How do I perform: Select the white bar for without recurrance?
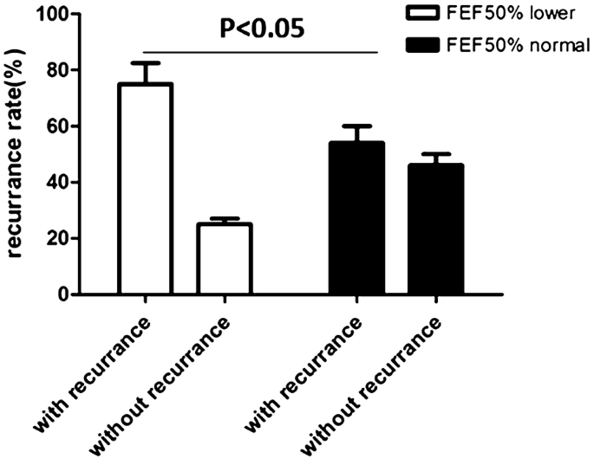coord(224,259)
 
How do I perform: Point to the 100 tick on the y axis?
coord(57,14)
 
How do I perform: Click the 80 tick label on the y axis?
coord(62,70)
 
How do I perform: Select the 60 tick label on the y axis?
coord(62,126)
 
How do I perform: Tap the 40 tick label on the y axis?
coord(62,183)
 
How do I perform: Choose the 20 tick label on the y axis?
coord(62,239)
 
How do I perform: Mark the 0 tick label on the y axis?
coord(68,294)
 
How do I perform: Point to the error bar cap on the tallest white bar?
coord(145,62)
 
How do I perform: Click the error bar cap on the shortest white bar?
coord(224,218)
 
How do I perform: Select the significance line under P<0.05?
coord(261,53)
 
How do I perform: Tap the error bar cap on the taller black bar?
coord(356,126)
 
